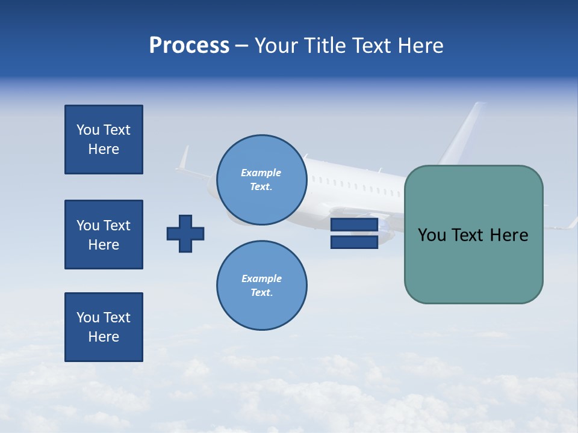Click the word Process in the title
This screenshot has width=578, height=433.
tap(189, 46)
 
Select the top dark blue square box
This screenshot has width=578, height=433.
tap(104, 140)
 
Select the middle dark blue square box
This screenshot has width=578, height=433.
tap(104, 235)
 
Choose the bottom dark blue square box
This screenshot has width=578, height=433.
tap(104, 327)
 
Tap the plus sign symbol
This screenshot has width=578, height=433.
tap(185, 233)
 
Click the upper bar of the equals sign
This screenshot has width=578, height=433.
tap(354, 225)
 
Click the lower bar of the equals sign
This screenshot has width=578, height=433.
tap(354, 242)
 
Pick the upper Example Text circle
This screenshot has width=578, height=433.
tap(261, 179)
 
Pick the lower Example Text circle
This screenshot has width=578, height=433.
tap(261, 285)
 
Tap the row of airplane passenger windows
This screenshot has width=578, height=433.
tap(355, 185)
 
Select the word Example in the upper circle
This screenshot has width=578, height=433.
tap(261, 173)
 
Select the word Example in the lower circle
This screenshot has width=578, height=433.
tap(261, 278)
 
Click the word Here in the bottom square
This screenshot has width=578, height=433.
tap(104, 337)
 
